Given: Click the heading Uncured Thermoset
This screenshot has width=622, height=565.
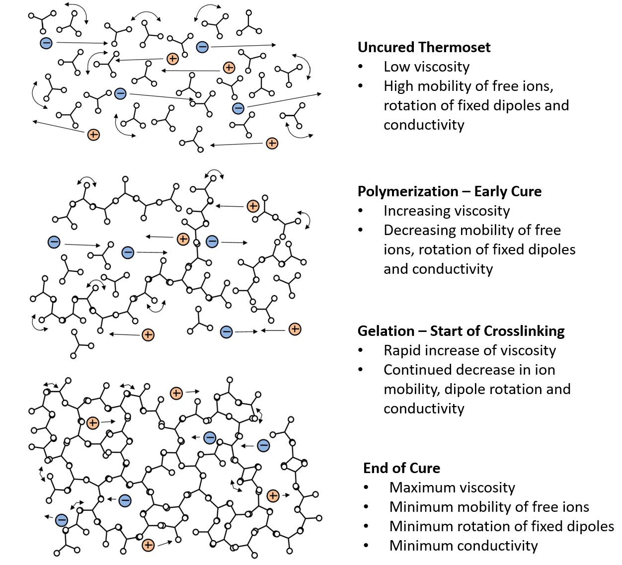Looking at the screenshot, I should [424, 47].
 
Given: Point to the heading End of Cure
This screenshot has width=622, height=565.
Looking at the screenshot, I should [401, 468].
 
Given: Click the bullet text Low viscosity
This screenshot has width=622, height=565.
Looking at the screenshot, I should [426, 67].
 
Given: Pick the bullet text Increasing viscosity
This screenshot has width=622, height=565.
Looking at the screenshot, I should [446, 211].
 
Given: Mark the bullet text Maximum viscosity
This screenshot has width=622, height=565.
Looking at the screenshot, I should [452, 487].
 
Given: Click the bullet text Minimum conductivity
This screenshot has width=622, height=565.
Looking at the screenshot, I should [463, 546].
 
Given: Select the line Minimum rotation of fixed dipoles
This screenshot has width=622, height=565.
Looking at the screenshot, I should [501, 526].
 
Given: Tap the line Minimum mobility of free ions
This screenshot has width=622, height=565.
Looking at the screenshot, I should [489, 507].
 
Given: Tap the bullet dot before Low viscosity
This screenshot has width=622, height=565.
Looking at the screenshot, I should [360, 67].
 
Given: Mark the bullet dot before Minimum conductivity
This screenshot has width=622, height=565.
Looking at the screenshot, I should [366, 546].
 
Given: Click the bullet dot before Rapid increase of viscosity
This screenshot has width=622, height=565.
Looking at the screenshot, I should [360, 351].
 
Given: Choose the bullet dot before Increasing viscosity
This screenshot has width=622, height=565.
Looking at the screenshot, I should [360, 211].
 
